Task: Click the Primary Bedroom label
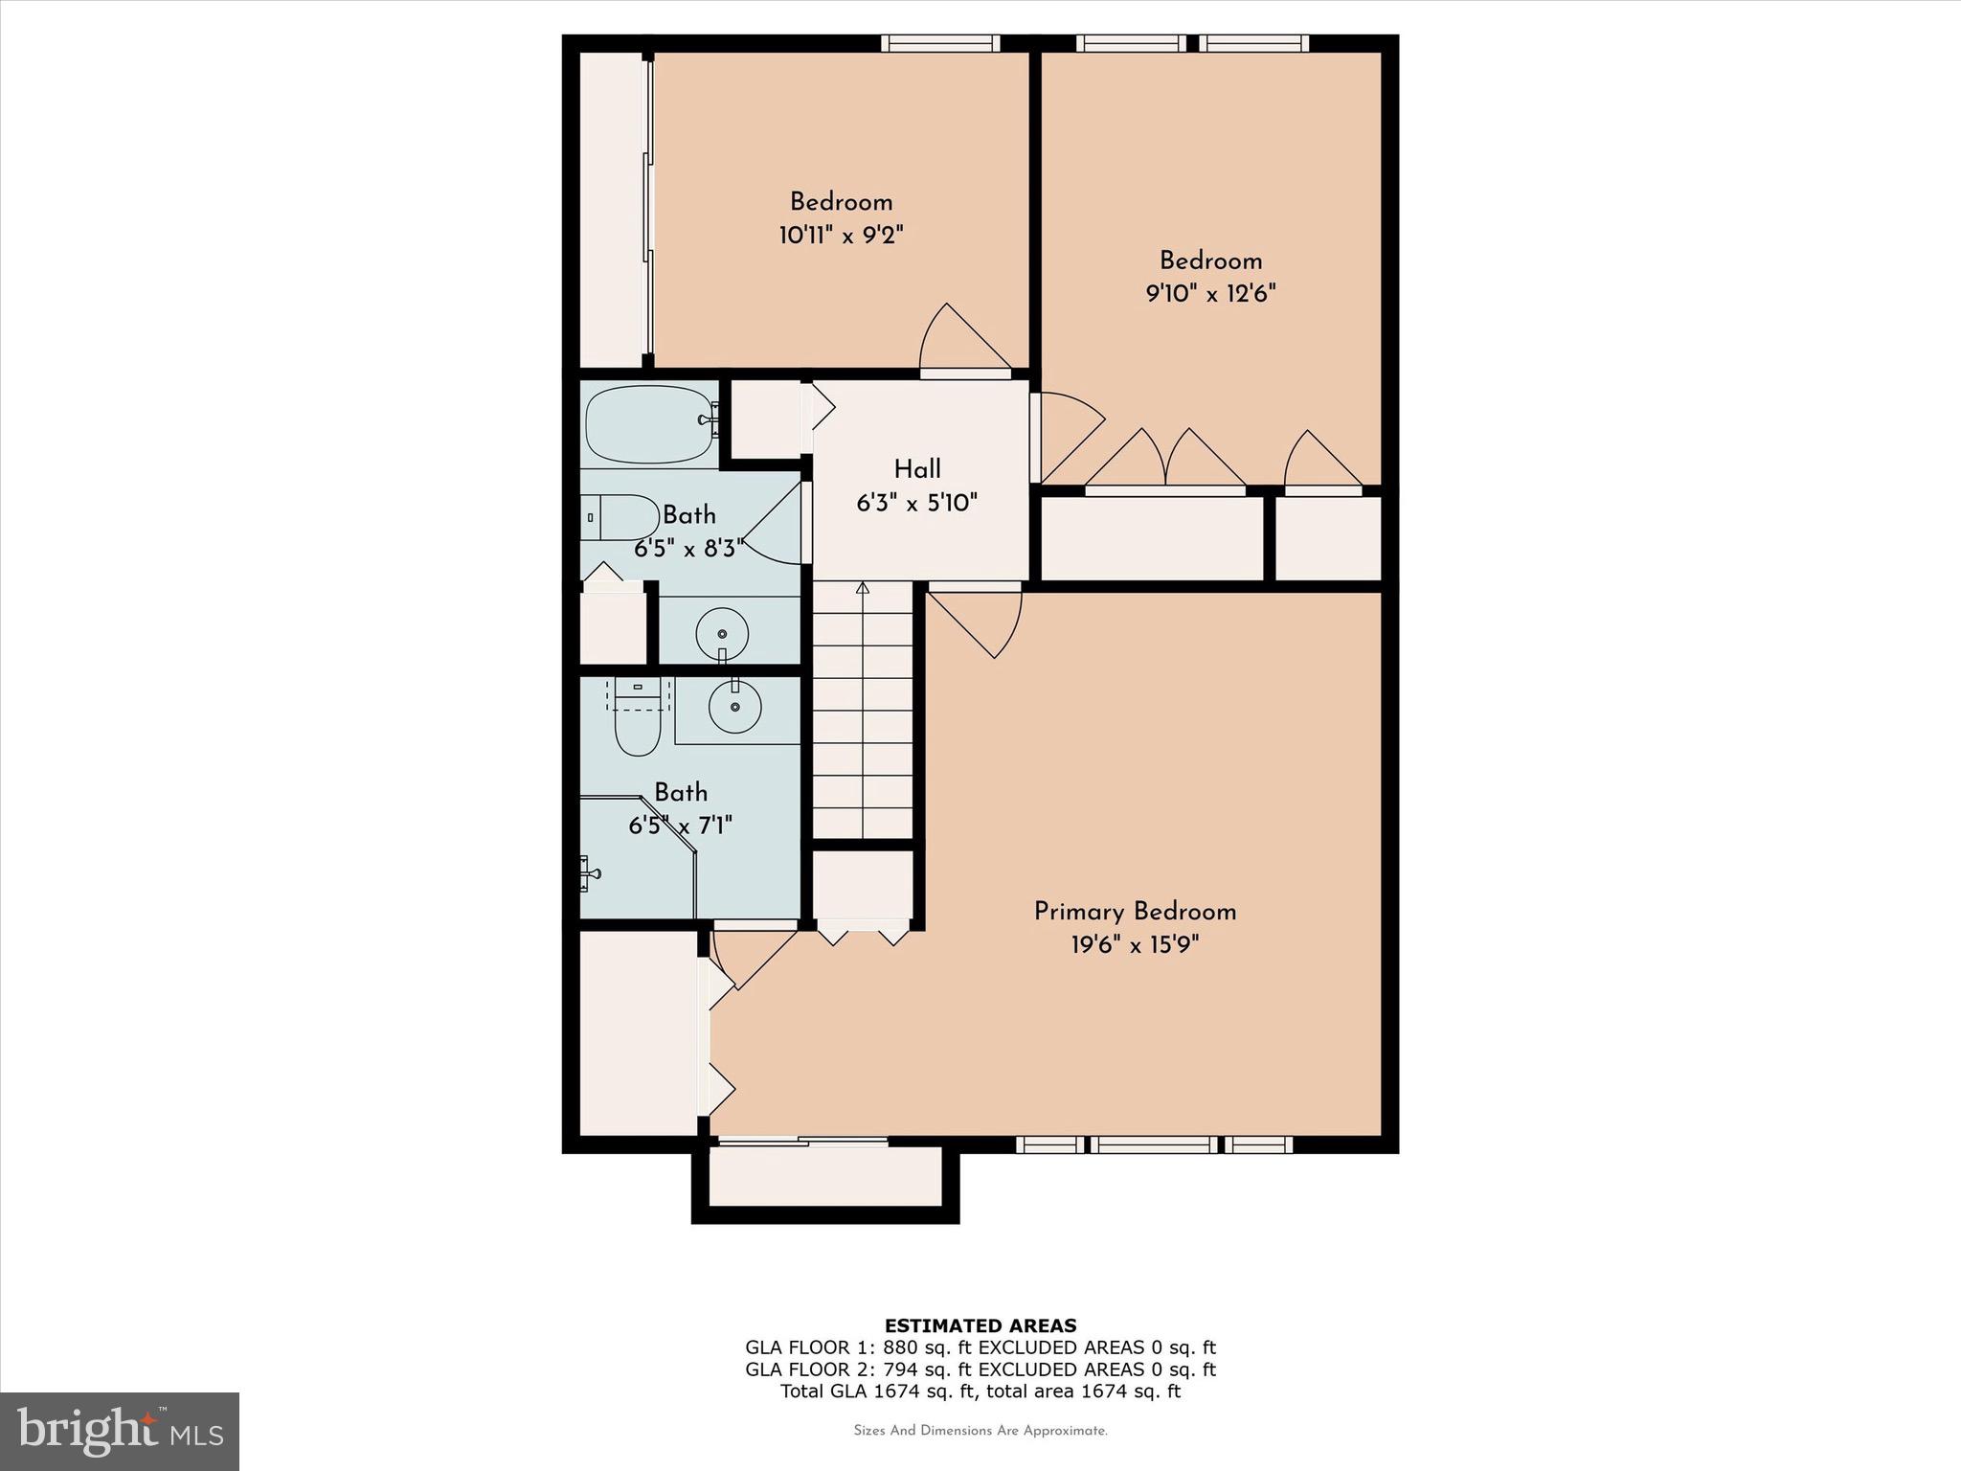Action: [x=1135, y=911]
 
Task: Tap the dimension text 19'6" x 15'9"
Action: [x=1135, y=945]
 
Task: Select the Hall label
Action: [x=917, y=469]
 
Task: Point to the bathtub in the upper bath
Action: [x=647, y=424]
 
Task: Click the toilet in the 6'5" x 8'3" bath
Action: [x=620, y=518]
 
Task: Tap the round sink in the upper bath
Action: [x=721, y=633]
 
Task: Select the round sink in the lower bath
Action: [x=734, y=707]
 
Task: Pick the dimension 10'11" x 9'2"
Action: [x=841, y=235]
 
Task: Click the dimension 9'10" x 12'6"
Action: [x=1210, y=293]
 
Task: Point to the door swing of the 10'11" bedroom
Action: [x=958, y=340]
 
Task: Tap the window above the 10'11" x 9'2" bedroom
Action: [x=940, y=43]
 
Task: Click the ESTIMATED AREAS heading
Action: [x=980, y=1325]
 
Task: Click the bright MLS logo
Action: [x=120, y=1431]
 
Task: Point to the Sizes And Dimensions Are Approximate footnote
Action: [x=980, y=1431]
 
